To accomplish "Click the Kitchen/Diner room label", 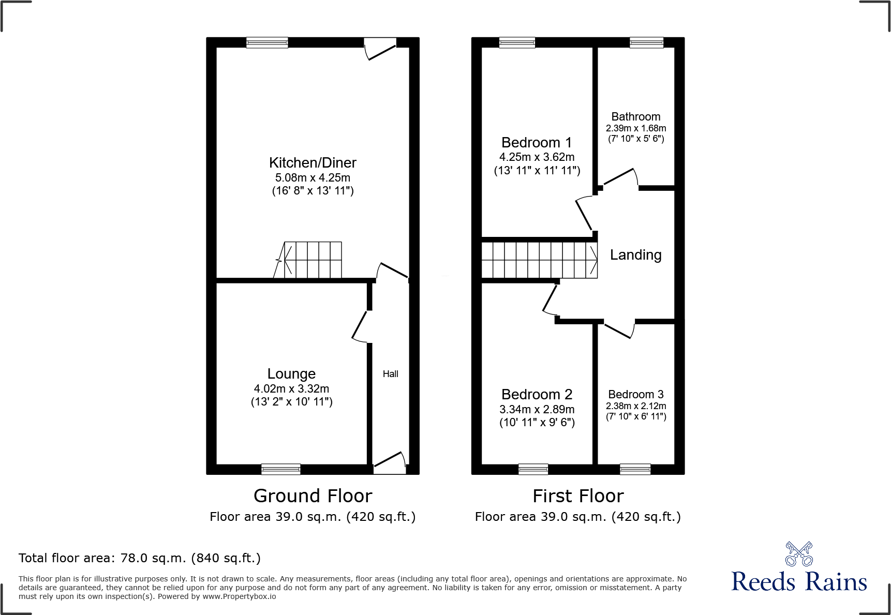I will click(313, 163).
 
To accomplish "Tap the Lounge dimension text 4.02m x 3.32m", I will click(291, 389).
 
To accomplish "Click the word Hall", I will click(391, 374).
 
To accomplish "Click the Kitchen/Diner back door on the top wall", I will click(380, 48).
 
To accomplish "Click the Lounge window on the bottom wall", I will click(281, 469).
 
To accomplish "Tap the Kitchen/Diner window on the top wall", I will click(267, 42).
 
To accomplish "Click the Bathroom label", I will click(636, 117).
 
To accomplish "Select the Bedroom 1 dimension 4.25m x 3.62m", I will click(537, 157).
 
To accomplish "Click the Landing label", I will click(635, 255).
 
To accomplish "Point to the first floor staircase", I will click(539, 260).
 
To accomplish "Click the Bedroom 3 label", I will click(636, 395).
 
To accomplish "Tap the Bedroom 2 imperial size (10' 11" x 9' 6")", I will click(537, 423).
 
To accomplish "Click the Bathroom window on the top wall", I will click(646, 42).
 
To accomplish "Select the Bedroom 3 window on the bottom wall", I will click(635, 469).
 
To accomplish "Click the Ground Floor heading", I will click(313, 496).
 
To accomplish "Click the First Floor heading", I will click(578, 496).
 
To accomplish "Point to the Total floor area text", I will click(140, 558).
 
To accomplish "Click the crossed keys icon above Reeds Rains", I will click(799, 554).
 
